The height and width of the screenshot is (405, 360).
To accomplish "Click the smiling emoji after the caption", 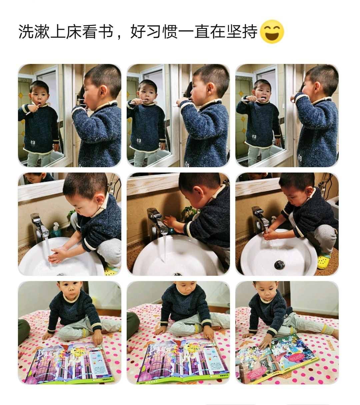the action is (272, 32).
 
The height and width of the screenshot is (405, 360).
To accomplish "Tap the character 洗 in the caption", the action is (26, 32).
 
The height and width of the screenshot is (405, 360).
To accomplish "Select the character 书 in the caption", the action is (106, 32).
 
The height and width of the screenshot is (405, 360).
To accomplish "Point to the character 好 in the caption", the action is (138, 32).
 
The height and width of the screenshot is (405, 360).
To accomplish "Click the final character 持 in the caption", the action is (250, 32).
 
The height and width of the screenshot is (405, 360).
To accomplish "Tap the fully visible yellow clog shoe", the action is (324, 261).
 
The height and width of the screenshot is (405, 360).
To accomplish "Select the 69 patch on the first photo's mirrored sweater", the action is (33, 142).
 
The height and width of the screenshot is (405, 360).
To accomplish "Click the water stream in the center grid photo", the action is (164, 247).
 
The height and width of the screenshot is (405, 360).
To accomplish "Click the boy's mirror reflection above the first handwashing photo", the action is (38, 178).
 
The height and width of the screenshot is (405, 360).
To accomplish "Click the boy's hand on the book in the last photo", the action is (265, 343).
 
